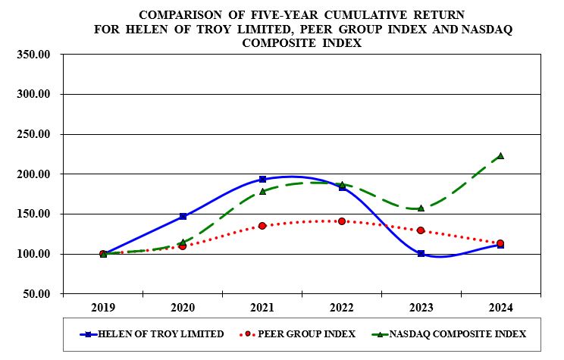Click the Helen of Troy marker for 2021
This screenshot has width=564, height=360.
(262, 180)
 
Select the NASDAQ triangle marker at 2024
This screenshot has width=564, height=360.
(500, 156)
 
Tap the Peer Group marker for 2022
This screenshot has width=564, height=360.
(342, 221)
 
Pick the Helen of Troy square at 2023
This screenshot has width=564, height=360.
(421, 253)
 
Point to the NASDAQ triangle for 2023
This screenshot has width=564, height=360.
(421, 208)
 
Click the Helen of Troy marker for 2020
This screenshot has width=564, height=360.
(183, 216)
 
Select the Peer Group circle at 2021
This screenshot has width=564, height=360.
(262, 226)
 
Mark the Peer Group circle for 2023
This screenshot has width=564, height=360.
(421, 230)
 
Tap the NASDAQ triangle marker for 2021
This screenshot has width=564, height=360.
(262, 192)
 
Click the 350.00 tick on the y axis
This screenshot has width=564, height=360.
(33, 55)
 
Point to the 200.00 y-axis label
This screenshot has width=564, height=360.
(33, 174)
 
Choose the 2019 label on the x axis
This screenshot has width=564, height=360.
(103, 307)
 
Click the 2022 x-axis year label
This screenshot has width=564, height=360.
(342, 307)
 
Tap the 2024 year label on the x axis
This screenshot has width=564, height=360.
(500, 307)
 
